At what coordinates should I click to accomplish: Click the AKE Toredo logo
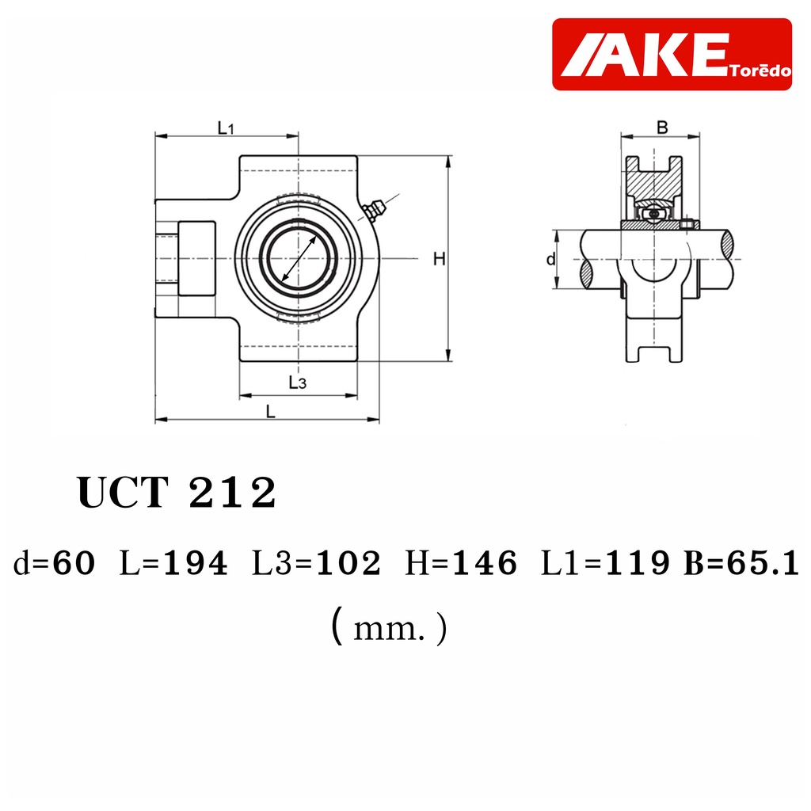672,55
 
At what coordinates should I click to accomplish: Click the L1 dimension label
226,128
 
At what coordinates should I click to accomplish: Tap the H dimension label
439,259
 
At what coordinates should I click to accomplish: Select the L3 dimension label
298,383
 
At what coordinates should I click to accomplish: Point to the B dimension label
662,128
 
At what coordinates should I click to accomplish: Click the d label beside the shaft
551,259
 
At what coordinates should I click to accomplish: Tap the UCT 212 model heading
177,493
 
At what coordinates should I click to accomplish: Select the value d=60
55,563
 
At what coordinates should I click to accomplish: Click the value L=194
173,563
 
